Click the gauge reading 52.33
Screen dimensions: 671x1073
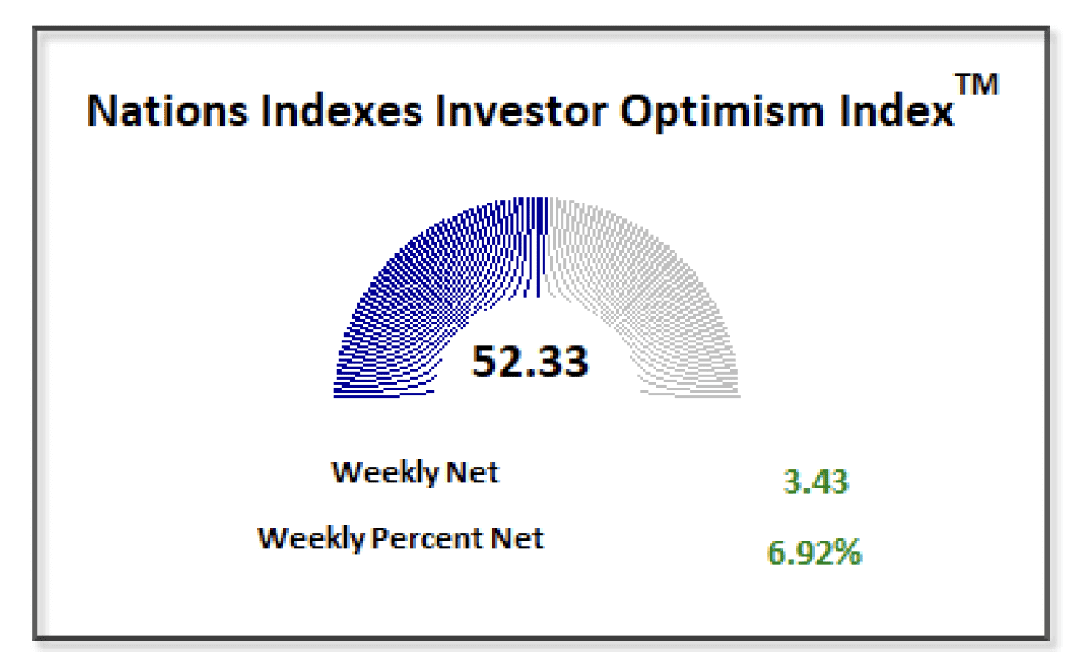pyautogui.click(x=530, y=361)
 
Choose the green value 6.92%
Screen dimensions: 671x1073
pyautogui.click(x=814, y=553)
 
